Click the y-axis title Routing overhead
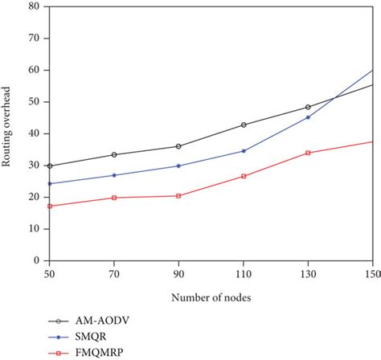click(x=7, y=133)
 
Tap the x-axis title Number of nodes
click(x=211, y=297)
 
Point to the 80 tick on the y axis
click(x=34, y=6)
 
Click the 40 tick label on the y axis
click(x=34, y=133)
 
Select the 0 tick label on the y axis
click(x=36, y=260)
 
